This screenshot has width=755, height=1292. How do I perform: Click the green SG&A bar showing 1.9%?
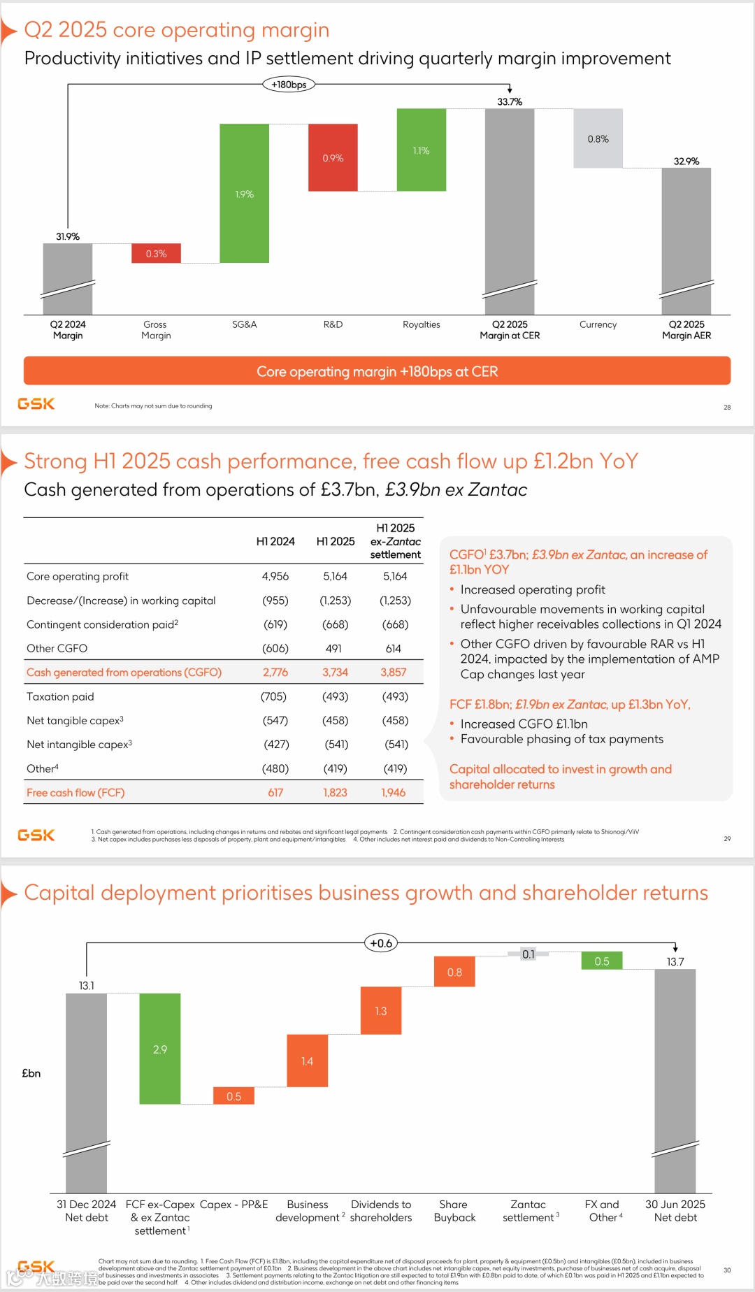click(244, 194)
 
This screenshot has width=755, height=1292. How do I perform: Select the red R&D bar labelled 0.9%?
click(333, 157)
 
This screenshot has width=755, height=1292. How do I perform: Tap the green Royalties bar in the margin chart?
click(421, 150)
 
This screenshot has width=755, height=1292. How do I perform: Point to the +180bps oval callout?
click(289, 85)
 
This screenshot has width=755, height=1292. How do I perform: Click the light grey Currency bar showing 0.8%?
click(598, 138)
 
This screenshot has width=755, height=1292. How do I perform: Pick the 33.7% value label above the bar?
click(510, 101)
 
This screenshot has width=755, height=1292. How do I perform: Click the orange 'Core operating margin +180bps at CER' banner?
click(377, 371)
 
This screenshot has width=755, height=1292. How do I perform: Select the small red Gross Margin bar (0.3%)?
click(156, 253)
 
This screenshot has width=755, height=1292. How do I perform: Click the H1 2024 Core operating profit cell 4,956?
click(275, 576)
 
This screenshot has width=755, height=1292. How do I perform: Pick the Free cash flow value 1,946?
click(393, 793)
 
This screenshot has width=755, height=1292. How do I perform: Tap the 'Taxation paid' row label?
click(60, 696)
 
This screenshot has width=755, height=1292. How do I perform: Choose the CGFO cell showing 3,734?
click(335, 673)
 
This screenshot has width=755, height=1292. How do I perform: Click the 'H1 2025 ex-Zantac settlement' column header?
click(395, 541)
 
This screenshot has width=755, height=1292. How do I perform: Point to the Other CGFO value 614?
click(393, 648)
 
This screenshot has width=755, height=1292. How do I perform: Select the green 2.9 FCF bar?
click(160, 1049)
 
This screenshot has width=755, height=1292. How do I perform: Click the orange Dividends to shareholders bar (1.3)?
click(381, 1011)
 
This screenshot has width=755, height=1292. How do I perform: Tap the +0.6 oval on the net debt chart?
click(381, 943)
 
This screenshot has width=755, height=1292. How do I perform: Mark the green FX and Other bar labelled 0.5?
click(602, 961)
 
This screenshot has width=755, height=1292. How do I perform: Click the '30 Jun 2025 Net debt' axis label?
click(675, 1211)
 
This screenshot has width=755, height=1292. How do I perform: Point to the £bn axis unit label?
click(31, 1073)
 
